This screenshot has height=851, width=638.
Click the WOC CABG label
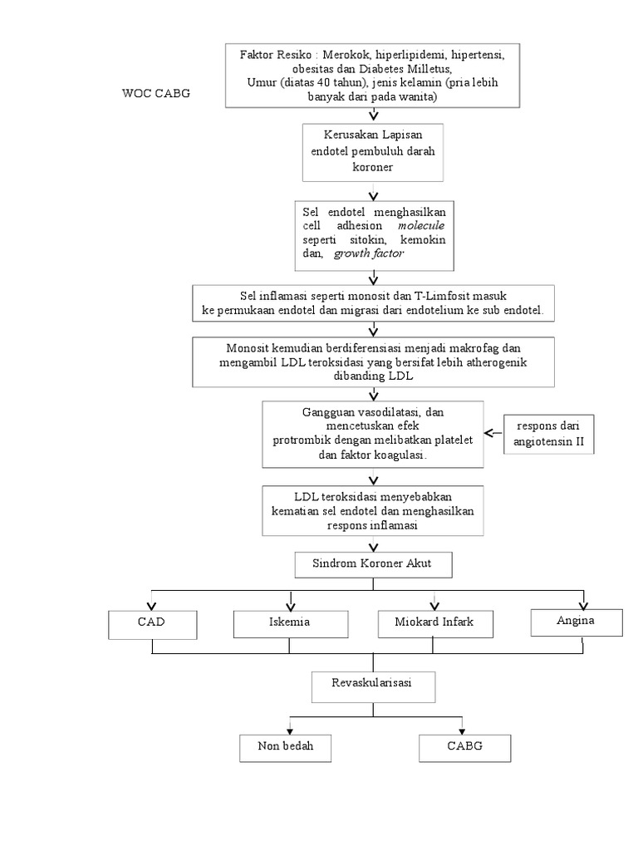[x=156, y=93]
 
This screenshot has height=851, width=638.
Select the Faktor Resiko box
[x=371, y=76]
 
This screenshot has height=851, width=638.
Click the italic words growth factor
[x=368, y=253]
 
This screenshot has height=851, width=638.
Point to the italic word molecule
[x=421, y=225]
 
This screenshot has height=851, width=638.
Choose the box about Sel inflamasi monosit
[x=372, y=303]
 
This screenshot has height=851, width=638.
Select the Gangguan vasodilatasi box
[x=371, y=433]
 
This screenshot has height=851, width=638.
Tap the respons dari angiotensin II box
[x=549, y=434]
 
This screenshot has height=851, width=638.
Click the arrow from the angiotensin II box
[x=492, y=433]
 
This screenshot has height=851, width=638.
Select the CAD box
[x=153, y=622]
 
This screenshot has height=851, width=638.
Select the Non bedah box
[x=286, y=747]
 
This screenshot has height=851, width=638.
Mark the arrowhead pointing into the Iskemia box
[x=290, y=604]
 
